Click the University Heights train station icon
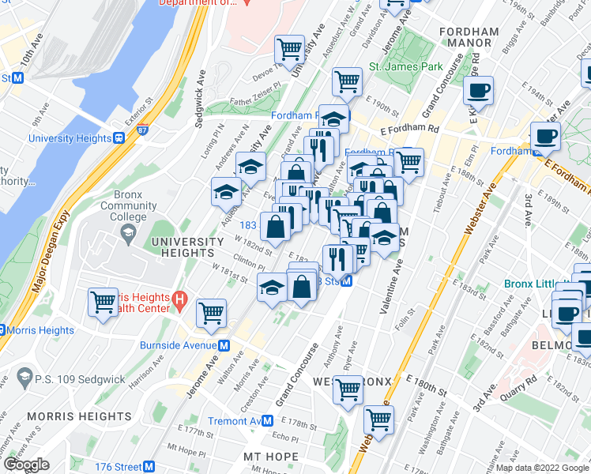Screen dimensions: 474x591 pos(119,138)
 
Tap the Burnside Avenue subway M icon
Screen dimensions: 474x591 pos(224,345)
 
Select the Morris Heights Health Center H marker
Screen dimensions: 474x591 pos(179,300)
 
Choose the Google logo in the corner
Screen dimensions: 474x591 pos(26,465)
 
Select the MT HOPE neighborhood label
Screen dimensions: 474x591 pos(270,457)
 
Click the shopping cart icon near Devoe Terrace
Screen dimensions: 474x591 pos(290,50)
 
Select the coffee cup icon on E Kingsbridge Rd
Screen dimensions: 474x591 pos(478,90)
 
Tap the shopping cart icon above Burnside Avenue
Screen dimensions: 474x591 pos(211,313)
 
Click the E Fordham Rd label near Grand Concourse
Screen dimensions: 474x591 pos(408,130)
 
